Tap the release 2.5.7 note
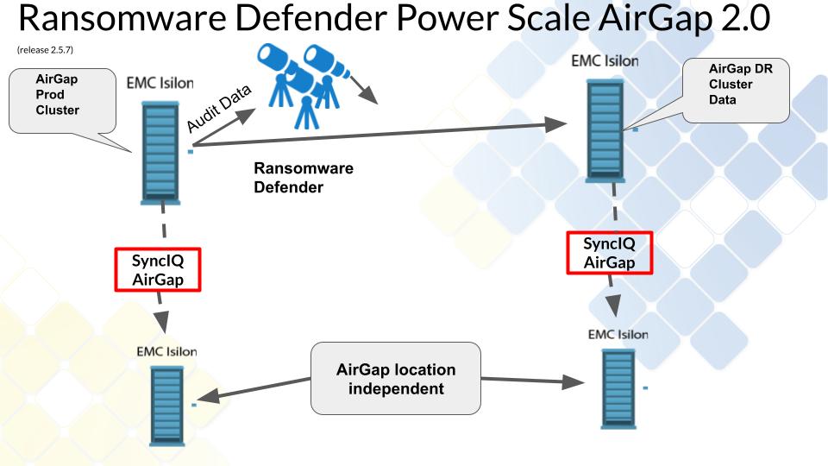click(x=45, y=49)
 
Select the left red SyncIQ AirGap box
click(x=158, y=270)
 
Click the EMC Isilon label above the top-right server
click(x=605, y=61)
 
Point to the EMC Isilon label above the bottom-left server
click(x=166, y=351)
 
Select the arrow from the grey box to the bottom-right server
click(x=526, y=381)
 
